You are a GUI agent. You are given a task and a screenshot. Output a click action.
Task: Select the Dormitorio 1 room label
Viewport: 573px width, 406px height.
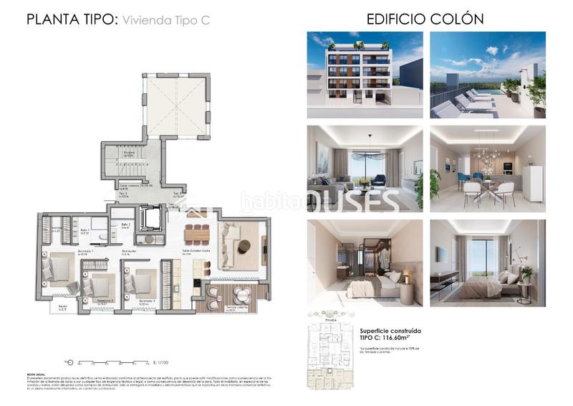click(69, 253)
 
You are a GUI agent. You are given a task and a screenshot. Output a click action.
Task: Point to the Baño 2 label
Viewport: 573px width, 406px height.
click(126, 226)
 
